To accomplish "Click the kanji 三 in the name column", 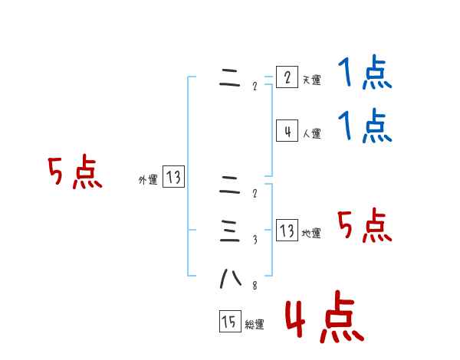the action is (230, 230).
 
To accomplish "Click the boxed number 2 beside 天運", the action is (287, 77).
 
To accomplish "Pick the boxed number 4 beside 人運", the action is (287, 131).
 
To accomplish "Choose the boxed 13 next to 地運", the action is (287, 231).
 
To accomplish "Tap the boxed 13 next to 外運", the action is (173, 178).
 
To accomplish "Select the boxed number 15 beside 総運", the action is (229, 322).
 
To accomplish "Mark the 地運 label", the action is (311, 234).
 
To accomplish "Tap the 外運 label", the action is (148, 180).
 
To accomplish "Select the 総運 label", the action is (254, 325).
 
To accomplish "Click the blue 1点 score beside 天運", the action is (365, 74).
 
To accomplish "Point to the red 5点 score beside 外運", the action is (74, 173).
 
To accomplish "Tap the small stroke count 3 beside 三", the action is (255, 240).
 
